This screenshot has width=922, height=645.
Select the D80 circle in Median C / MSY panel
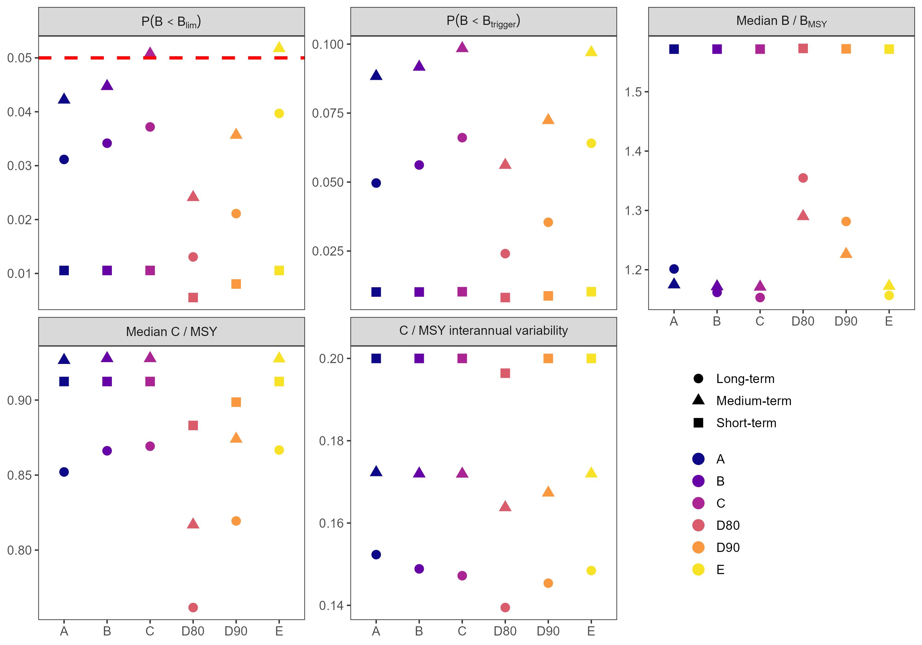193,607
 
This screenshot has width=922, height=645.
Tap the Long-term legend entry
745,378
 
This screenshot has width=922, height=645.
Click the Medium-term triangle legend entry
753,401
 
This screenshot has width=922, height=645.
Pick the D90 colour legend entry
728,547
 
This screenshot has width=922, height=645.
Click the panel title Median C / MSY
171,331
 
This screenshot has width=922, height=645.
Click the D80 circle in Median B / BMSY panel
803,178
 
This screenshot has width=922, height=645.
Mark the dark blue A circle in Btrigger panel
376,183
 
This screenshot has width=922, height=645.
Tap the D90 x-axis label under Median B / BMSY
846,321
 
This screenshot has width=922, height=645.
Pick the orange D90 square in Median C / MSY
236,402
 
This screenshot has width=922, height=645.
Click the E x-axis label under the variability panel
591,631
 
